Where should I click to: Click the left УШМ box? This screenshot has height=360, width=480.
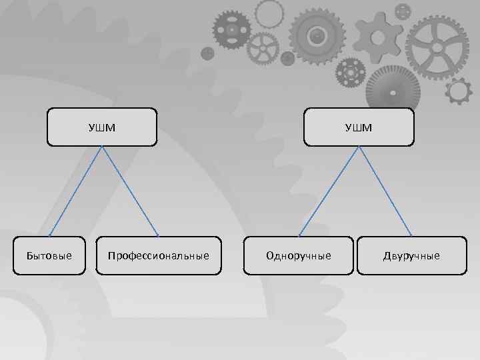click(x=101, y=127)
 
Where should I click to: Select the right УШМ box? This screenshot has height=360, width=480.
click(x=358, y=127)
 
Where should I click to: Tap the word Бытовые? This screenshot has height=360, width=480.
click(x=49, y=256)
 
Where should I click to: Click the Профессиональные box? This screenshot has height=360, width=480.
click(x=158, y=256)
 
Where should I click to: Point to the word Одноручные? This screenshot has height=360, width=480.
click(x=298, y=256)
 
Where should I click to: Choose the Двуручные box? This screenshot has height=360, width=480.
click(x=411, y=256)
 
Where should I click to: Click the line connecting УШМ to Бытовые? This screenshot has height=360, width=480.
click(x=75, y=191)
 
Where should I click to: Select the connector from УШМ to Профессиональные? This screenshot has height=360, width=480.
click(x=130, y=191)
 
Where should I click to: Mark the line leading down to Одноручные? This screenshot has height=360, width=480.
click(x=330, y=191)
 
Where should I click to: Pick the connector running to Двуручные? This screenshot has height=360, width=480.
click(x=385, y=191)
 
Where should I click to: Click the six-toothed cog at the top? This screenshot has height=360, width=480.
click(x=378, y=37)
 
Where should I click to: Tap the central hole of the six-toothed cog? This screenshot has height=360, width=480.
click(x=378, y=36)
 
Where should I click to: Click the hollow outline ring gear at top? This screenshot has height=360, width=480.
click(x=269, y=13)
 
